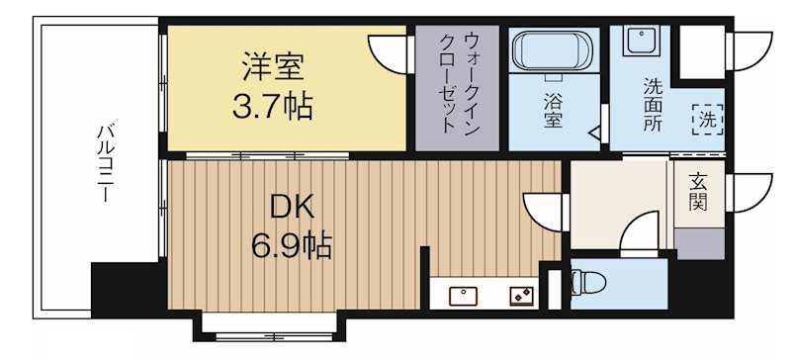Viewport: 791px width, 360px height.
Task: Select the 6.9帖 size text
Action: pyautogui.click(x=294, y=242)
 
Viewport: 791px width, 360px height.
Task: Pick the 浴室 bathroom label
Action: pyautogui.click(x=553, y=110)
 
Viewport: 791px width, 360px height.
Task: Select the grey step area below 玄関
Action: pyautogui.click(x=699, y=240)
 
